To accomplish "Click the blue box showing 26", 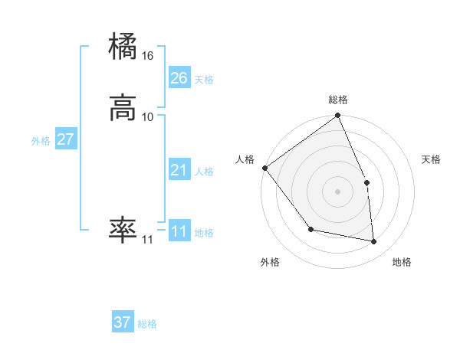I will pyautogui.click(x=179, y=78).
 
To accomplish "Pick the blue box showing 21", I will pyautogui.click(x=179, y=170).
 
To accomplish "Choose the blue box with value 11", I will pyautogui.click(x=179, y=231).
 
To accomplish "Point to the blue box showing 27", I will pyautogui.click(x=65, y=139).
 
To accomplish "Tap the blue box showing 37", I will pyautogui.click(x=123, y=322).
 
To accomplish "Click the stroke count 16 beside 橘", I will pyautogui.click(x=147, y=56).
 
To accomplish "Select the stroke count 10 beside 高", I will pyautogui.click(x=147, y=116).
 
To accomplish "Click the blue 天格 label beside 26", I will pyautogui.click(x=204, y=80).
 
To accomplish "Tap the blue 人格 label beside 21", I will pyautogui.click(x=204, y=172).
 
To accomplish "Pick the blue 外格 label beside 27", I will pyautogui.click(x=41, y=141).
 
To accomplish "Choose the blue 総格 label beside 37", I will pyautogui.click(x=147, y=324).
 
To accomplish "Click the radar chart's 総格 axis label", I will pyautogui.click(x=338, y=100).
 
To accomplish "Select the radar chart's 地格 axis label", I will pyautogui.click(x=402, y=263).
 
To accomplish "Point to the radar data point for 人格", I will pyautogui.click(x=264, y=168).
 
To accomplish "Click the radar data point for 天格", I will pyautogui.click(x=366, y=182).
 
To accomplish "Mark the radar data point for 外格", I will pyautogui.click(x=310, y=229).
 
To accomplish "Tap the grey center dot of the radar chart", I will pyautogui.click(x=338, y=191).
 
